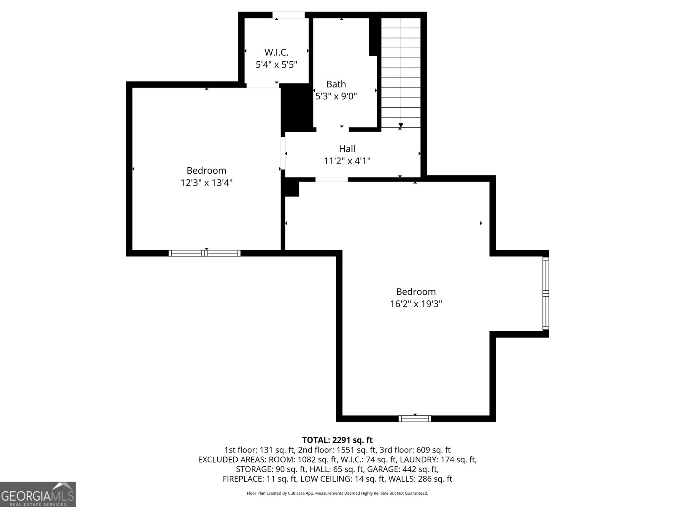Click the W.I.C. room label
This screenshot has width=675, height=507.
pos(276,52)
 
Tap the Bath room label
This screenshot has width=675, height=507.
pos(336,84)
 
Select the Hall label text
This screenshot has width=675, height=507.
pos(347,148)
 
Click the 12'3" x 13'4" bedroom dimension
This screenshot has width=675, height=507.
pos(206,183)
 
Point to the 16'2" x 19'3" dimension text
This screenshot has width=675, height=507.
pos(416,304)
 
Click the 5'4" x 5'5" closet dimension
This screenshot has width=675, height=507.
pos(276,65)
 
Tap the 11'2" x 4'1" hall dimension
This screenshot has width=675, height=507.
pos(347,161)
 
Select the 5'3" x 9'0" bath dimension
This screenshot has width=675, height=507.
pos(336,96)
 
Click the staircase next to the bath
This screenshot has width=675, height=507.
pos(401,72)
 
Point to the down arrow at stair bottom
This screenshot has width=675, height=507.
pos(400,125)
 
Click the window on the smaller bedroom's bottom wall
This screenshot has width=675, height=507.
pos(205,253)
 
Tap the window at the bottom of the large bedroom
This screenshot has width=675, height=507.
pos(415,418)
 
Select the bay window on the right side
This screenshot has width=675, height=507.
pos(545,294)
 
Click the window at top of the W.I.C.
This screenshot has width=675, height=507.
pos(288,15)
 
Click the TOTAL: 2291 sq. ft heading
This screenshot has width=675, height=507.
pos(337,440)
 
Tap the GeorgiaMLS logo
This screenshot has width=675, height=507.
pos(38,494)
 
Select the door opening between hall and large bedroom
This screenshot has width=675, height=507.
pos(332,179)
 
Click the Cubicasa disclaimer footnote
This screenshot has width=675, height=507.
pos(337,493)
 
